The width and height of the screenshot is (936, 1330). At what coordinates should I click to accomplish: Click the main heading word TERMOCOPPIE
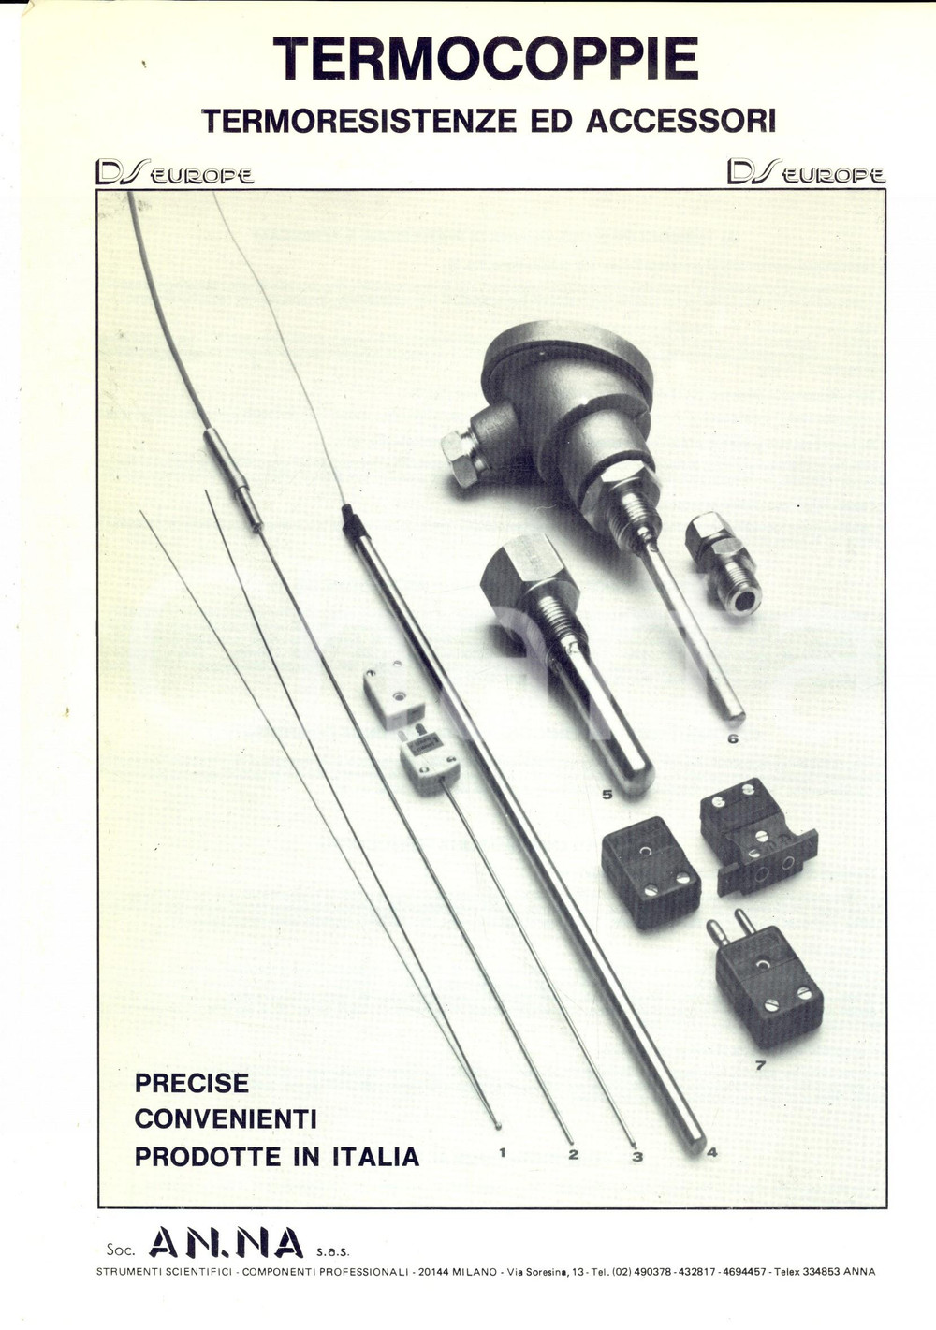pyautogui.click(x=486, y=59)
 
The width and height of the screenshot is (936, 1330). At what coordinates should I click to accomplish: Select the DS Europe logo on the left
pyautogui.click(x=174, y=173)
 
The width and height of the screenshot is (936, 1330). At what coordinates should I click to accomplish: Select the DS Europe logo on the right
pyautogui.click(x=805, y=172)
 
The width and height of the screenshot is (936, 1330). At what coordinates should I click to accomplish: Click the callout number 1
pyautogui.click(x=503, y=1152)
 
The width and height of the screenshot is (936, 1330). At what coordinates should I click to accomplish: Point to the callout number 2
pyautogui.click(x=574, y=1154)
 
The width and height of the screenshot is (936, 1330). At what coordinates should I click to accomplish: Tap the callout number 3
pyautogui.click(x=637, y=1157)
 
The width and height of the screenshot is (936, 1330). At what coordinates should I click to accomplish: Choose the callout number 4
pyautogui.click(x=711, y=1152)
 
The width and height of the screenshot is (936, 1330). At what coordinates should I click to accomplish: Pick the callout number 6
pyautogui.click(x=732, y=738)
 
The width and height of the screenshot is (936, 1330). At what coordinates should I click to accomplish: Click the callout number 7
pyautogui.click(x=760, y=1064)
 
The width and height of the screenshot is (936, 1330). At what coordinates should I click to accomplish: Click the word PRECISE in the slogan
pyautogui.click(x=192, y=1083)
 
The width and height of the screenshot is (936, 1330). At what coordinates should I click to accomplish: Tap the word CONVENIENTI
pyautogui.click(x=226, y=1118)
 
